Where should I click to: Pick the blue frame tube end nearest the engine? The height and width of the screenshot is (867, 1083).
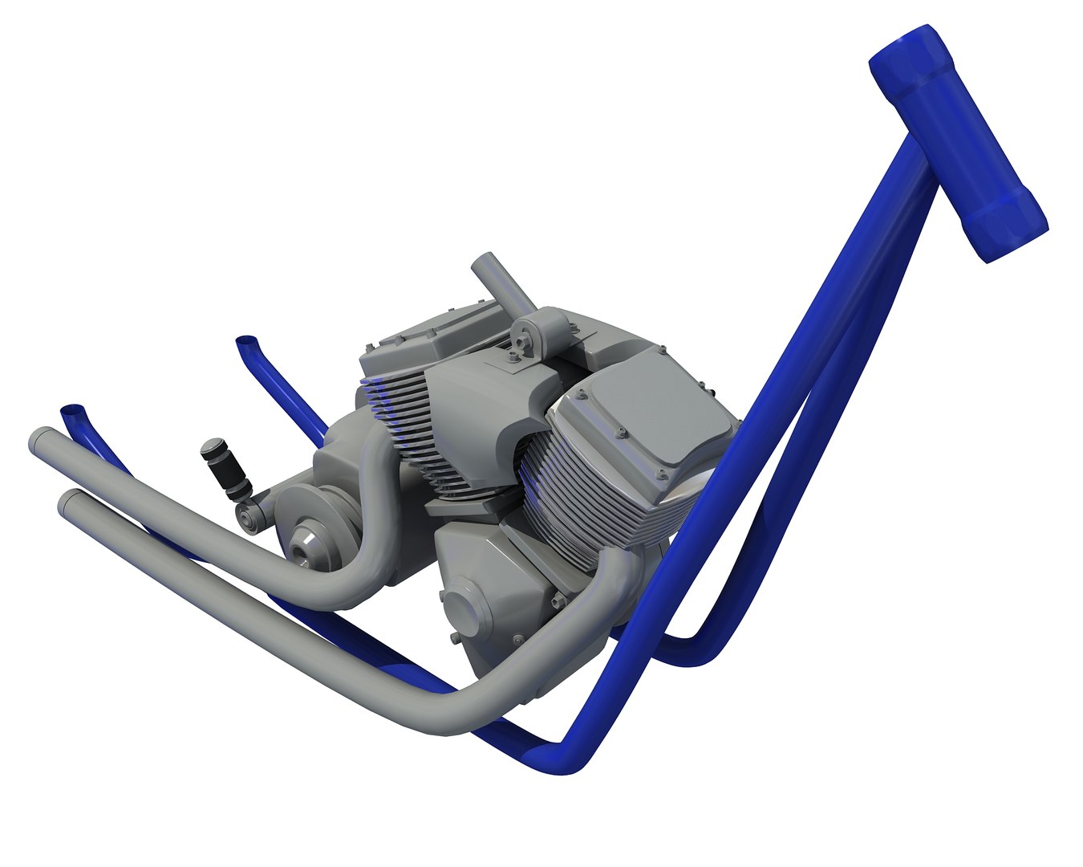pyautogui.click(x=246, y=343)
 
